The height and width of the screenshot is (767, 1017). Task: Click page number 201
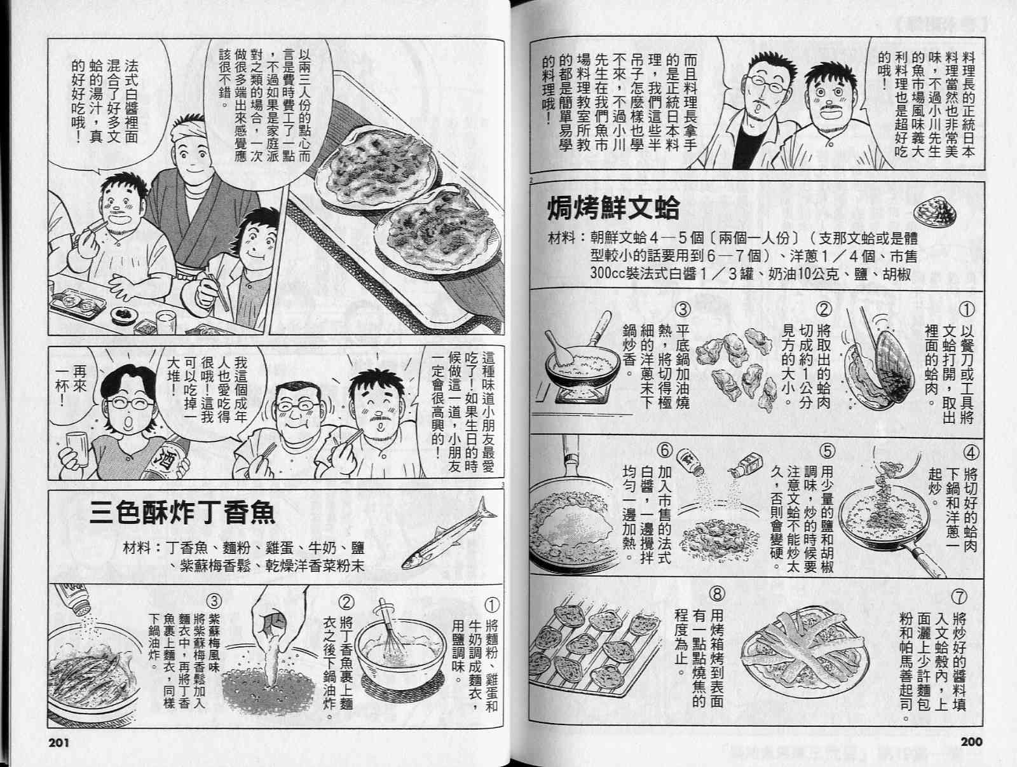[59, 742]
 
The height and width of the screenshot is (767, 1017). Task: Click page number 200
[972, 742]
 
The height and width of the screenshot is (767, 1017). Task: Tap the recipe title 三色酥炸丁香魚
[182, 513]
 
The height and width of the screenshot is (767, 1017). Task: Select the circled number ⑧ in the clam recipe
[717, 593]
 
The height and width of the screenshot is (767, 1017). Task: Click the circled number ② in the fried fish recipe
[346, 602]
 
